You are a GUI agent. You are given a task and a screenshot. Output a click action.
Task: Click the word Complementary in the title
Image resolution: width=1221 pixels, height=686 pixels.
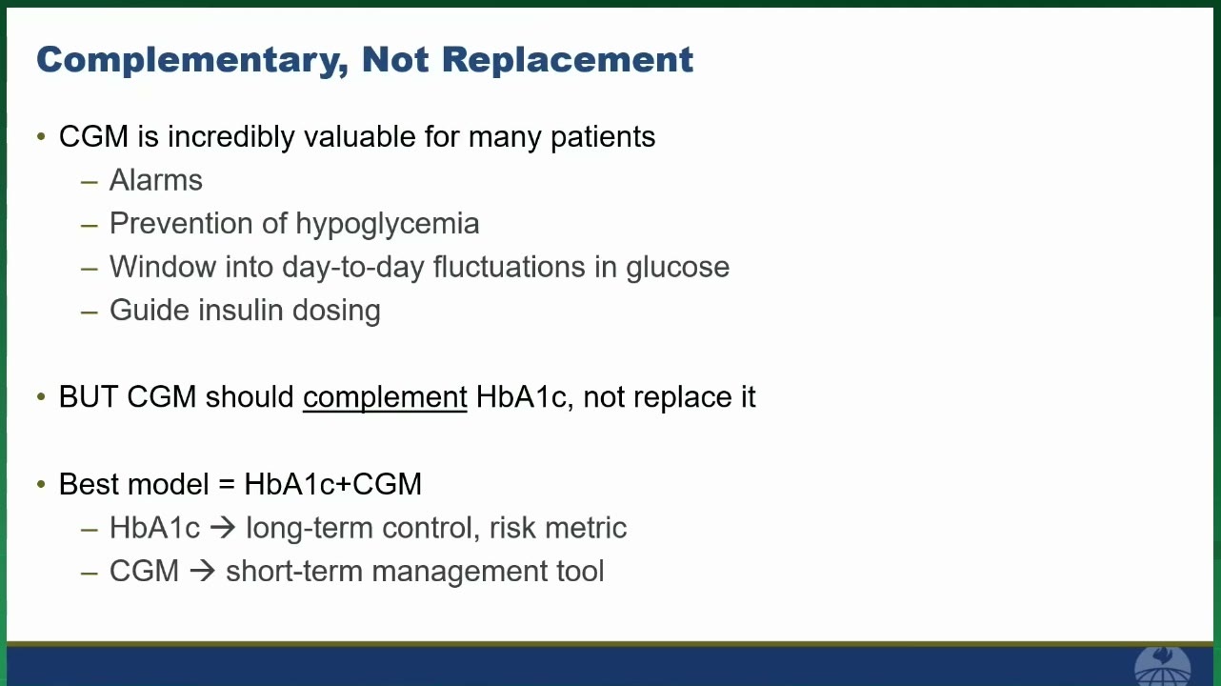point(192,60)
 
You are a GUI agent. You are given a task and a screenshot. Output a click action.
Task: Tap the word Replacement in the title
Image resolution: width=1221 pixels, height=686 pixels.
point(568,59)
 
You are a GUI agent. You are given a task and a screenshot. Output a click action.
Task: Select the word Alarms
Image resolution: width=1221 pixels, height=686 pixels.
point(156,180)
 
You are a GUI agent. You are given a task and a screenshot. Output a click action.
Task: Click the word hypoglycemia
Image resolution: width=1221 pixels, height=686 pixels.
point(388,224)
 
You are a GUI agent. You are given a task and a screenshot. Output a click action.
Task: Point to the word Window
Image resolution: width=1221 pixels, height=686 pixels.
point(163,267)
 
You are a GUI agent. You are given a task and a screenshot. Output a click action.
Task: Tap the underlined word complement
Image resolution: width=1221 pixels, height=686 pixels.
point(385,397)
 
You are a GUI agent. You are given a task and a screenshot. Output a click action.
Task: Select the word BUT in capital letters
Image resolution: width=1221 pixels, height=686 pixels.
point(89,396)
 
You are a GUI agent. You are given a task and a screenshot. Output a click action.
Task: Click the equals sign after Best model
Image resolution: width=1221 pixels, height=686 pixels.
point(227,484)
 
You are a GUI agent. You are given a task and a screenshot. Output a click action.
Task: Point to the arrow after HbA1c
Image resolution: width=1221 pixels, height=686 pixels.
point(223,528)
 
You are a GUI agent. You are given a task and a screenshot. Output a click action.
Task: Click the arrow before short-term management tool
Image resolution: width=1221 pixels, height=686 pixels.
point(203,571)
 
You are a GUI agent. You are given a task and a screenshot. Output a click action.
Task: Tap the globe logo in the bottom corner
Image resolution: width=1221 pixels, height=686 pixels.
point(1162,666)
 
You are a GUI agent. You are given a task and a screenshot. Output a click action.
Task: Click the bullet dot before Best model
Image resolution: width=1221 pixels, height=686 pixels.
point(41,484)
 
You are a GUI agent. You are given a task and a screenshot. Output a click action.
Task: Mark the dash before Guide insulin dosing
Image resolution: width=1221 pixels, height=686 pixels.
point(90,313)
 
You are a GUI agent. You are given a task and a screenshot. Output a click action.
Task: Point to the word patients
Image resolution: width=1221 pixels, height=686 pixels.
point(603,137)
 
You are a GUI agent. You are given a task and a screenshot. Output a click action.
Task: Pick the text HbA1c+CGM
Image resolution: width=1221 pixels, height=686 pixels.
point(333,484)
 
